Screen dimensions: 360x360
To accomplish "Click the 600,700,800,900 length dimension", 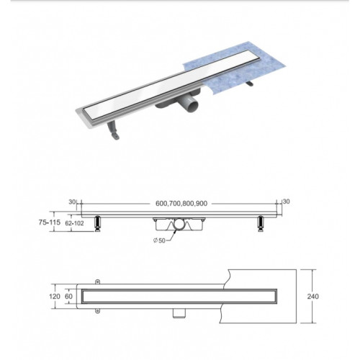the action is point(181,203).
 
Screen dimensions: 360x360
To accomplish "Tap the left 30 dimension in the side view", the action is point(72,202).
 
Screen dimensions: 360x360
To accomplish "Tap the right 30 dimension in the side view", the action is point(287,202).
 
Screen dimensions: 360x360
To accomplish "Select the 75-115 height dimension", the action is point(50,222).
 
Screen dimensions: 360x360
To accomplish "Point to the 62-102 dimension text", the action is point(74,223).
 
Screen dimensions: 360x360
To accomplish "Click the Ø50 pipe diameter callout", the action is point(159,240).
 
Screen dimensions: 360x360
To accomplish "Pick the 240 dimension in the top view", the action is point(313,297).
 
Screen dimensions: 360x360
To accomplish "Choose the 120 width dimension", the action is point(55,297).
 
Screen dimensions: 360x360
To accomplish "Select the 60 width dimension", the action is point(68,297).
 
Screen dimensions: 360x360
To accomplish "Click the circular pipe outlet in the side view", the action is point(179,224).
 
